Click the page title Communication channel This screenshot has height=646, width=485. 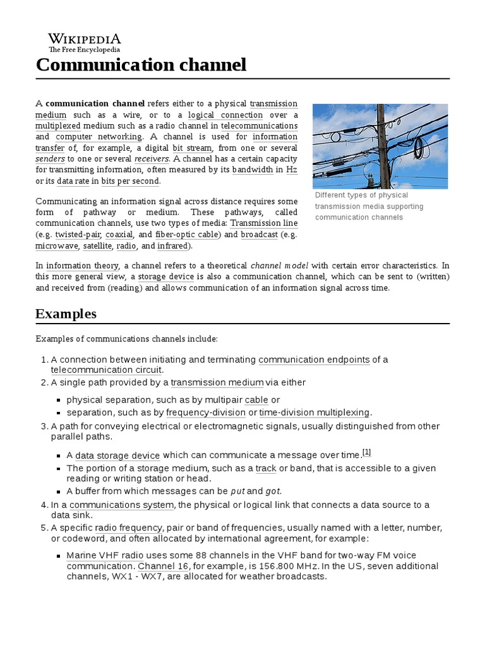pos(141,65)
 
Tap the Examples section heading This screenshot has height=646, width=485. pos(66,314)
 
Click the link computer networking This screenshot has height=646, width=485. pos(99,136)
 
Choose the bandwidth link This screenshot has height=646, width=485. pos(253,170)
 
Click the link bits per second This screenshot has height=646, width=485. pos(131,181)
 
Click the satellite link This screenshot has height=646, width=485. pos(97,245)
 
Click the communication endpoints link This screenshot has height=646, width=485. pos(314,360)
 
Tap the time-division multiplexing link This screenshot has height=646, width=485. pos(314,413)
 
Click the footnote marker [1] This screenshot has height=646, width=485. pos(367,452)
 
